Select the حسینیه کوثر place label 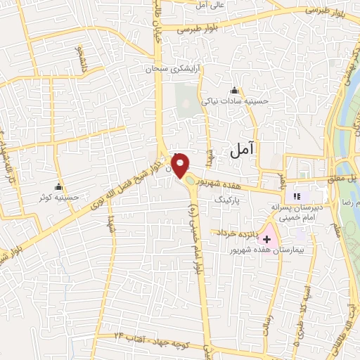[x=59, y=198]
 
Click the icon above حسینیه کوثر [x=58, y=187]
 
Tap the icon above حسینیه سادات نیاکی [x=234, y=91]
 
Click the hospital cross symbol [x=267, y=239]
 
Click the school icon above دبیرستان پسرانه [x=297, y=196]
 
